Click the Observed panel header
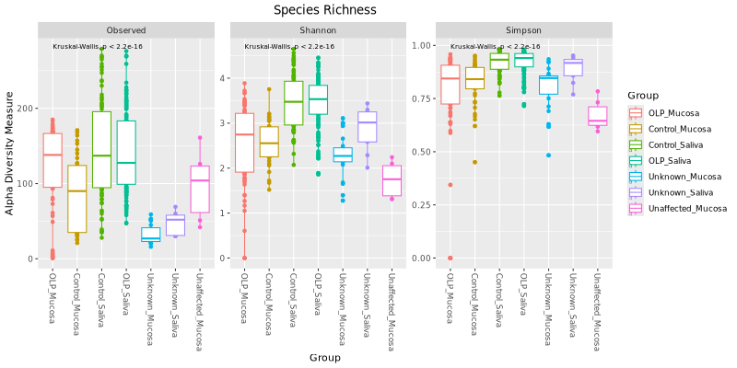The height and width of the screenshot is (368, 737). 125,30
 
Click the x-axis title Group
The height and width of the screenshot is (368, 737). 325,357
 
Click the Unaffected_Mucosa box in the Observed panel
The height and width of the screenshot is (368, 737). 200,189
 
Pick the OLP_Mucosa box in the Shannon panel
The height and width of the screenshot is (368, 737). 243,143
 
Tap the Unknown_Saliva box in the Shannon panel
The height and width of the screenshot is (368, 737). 367,127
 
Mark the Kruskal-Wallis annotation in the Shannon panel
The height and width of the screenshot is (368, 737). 288,46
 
